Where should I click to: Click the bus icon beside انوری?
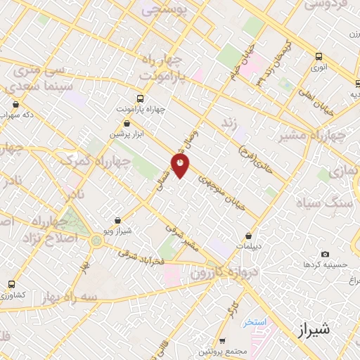319,57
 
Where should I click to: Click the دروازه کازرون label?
226,271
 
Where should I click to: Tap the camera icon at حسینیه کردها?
324,254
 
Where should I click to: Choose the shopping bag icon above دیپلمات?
250,236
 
